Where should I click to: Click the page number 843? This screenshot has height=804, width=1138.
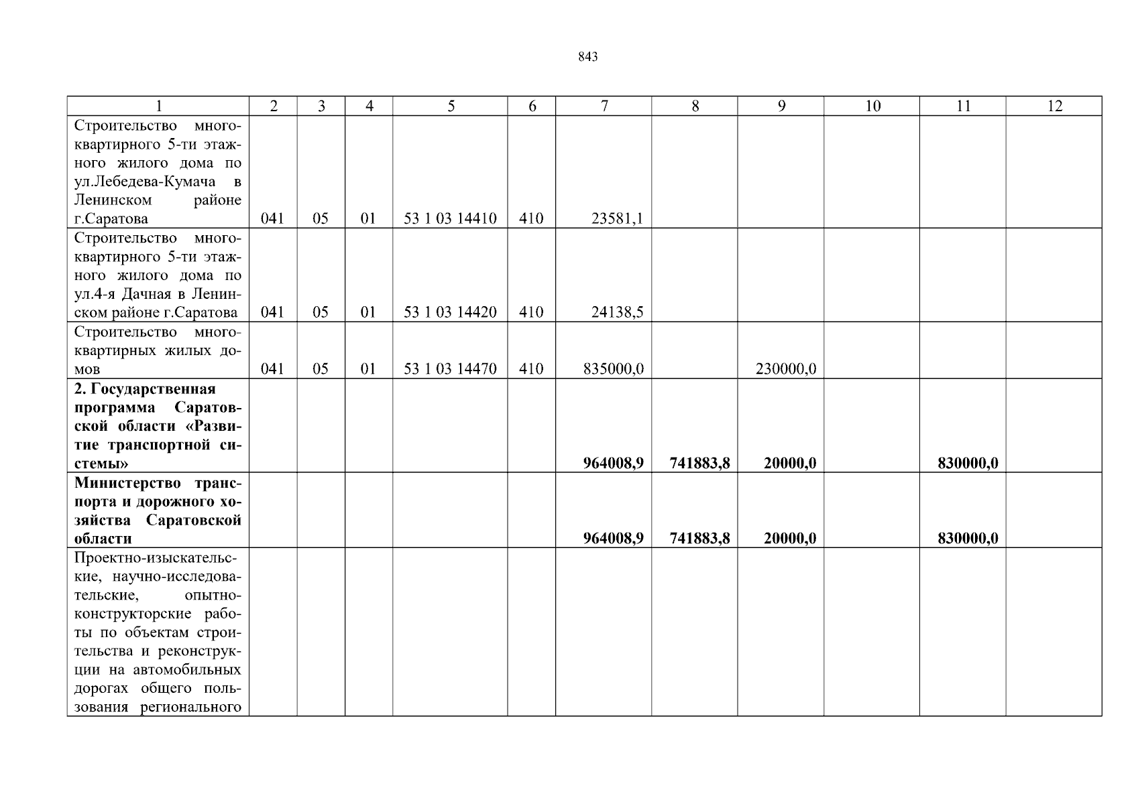pyautogui.click(x=587, y=58)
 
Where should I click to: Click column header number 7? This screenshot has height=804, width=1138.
pyautogui.click(x=604, y=106)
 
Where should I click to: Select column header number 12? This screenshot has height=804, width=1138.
pyautogui.click(x=1054, y=106)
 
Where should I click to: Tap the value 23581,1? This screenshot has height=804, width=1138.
pyautogui.click(x=617, y=218)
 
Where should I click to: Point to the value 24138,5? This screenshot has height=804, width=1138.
pyautogui.click(x=617, y=312)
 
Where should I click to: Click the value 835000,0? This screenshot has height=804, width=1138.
pyautogui.click(x=614, y=369)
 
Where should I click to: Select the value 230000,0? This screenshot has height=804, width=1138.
pyautogui.click(x=785, y=369)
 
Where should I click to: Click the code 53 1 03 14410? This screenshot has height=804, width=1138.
pyautogui.click(x=450, y=218)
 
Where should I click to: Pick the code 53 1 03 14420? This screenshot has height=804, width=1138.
pyautogui.click(x=450, y=312)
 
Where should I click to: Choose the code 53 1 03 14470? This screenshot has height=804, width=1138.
pyautogui.click(x=450, y=369)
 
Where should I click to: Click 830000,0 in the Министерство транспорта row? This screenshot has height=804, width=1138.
pyautogui.click(x=967, y=539)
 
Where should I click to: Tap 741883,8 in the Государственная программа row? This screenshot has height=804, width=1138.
pyautogui.click(x=699, y=463)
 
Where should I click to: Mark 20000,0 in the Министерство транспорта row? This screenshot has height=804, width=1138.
pyautogui.click(x=789, y=539)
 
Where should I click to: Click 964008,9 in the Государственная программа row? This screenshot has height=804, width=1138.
pyautogui.click(x=613, y=463)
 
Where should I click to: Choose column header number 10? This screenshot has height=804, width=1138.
pyautogui.click(x=872, y=106)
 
